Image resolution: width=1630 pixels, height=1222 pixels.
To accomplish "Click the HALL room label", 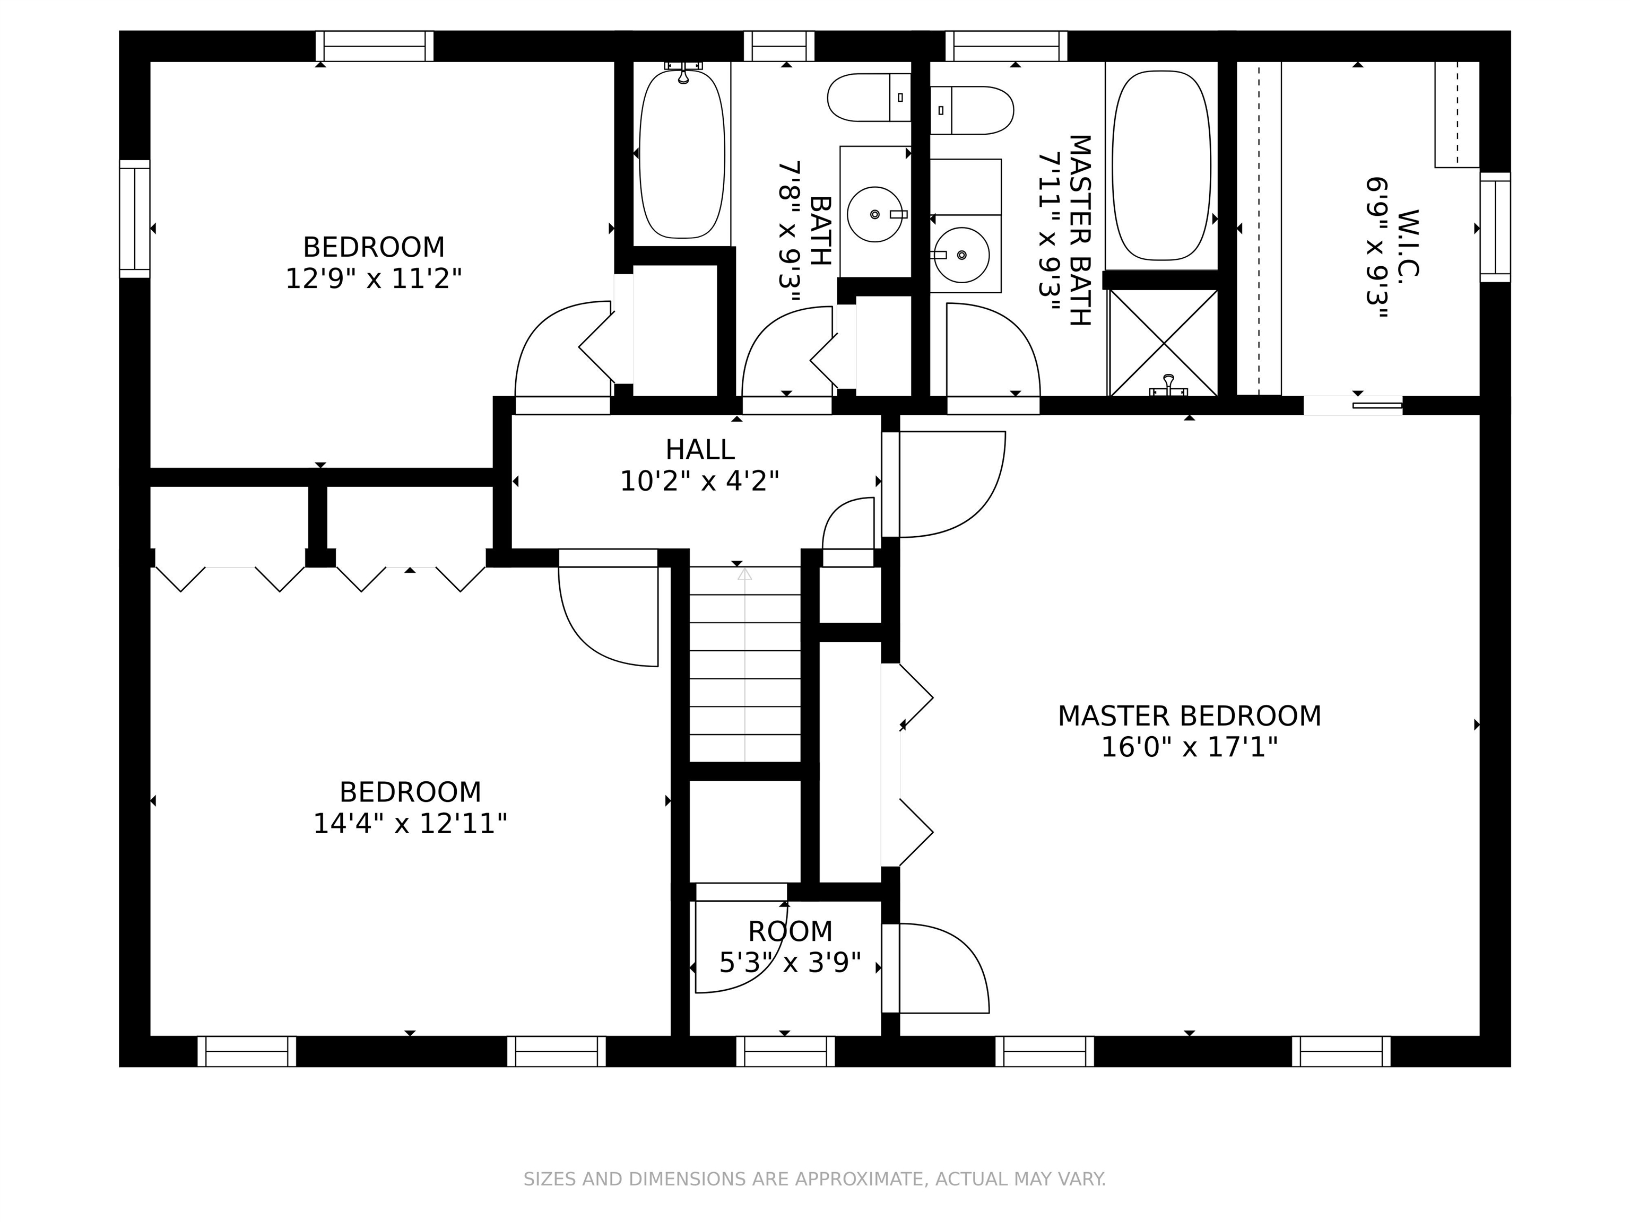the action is tap(699, 449).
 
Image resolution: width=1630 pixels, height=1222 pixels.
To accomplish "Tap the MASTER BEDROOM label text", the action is tap(1190, 716).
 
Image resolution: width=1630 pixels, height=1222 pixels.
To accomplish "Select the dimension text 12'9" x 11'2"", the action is tap(374, 279).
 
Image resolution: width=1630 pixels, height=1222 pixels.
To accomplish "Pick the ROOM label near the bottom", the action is tap(790, 932).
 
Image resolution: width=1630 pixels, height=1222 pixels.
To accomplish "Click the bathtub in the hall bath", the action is tap(682, 153).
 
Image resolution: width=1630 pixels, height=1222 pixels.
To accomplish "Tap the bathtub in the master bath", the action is tap(1161, 165).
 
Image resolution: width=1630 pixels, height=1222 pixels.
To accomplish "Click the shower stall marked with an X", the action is tap(1164, 343).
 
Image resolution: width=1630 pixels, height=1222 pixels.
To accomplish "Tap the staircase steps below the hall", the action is tap(744, 665).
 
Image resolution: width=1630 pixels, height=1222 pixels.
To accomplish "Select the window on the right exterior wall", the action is tap(1495, 227).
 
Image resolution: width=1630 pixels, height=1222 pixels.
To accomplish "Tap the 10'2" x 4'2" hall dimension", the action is tap(699, 482).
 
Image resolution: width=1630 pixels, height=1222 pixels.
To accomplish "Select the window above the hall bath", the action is tap(779, 46).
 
